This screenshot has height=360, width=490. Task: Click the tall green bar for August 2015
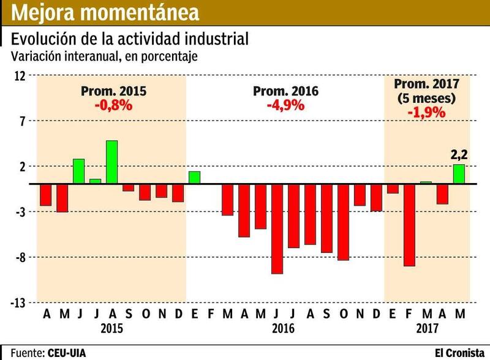click(x=111, y=162)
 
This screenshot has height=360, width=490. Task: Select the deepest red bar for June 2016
click(x=277, y=228)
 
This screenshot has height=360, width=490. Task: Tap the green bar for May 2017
click(x=459, y=174)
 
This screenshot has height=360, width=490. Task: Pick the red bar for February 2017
click(x=409, y=225)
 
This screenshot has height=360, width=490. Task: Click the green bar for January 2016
click(x=194, y=178)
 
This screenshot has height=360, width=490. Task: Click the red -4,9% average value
click(x=285, y=105)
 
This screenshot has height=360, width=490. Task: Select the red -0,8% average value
click(x=113, y=105)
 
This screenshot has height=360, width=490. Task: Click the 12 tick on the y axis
click(x=20, y=76)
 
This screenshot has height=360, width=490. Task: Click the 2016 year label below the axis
click(x=282, y=328)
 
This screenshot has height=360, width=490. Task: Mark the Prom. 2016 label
click(x=286, y=92)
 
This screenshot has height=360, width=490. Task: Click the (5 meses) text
click(x=426, y=98)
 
